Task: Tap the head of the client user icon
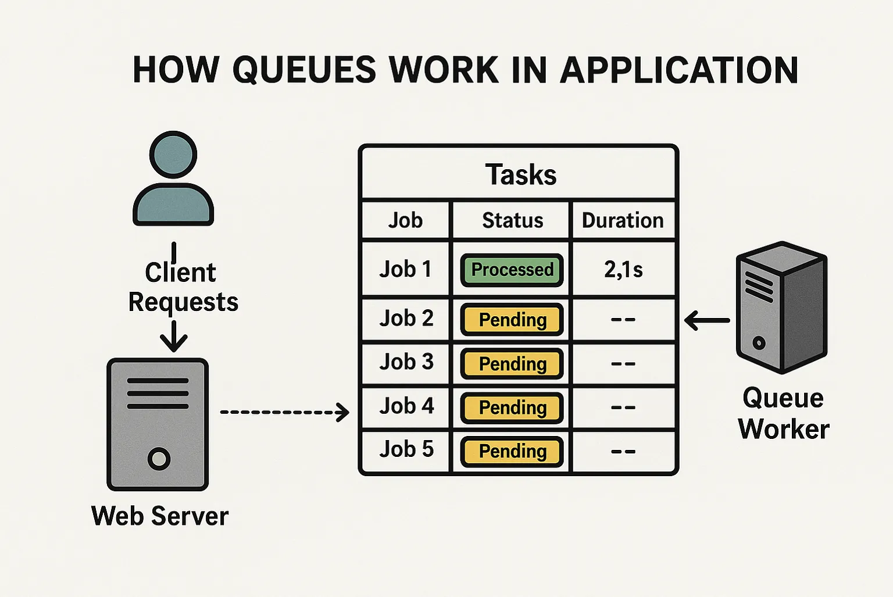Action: pos(173,155)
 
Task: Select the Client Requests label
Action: pos(183,287)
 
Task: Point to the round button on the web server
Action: pos(159,459)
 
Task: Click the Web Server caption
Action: pos(160,516)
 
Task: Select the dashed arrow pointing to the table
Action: pos(284,412)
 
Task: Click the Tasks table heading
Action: pos(520,174)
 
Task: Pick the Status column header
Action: pos(512,220)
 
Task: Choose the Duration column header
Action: pos(623,220)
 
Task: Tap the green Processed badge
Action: pos(512,270)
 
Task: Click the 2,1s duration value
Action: pos(623,270)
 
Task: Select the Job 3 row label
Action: pos(406,362)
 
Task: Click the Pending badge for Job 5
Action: pos(512,452)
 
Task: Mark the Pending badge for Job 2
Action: pos(512,320)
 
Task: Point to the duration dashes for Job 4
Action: pos(623,407)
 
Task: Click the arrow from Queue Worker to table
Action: pos(707,320)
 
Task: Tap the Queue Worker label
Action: pos(783,413)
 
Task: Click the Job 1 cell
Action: pos(406,270)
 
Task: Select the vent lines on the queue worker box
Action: pos(759,285)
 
